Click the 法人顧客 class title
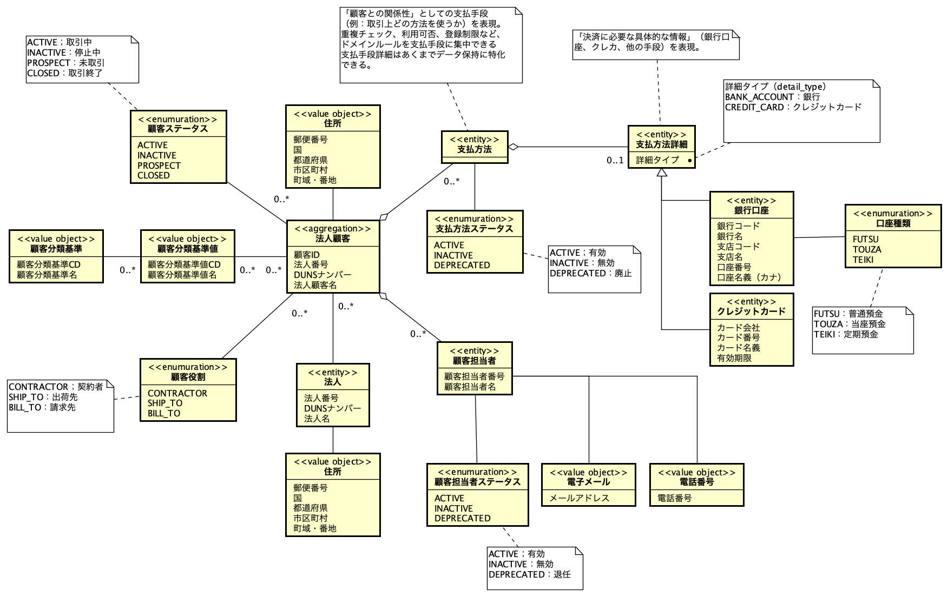point(332,239)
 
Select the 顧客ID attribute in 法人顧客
point(306,255)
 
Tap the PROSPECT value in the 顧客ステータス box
point(159,165)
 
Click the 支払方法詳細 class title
point(661,144)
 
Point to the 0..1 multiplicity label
point(615,160)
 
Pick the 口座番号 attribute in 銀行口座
point(734,267)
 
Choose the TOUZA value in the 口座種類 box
point(867,249)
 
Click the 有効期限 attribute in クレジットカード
point(734,358)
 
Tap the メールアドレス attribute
point(579,498)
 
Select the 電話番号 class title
point(696,482)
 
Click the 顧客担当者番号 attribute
point(474,376)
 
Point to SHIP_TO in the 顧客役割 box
point(165,403)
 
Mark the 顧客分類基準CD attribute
point(49,264)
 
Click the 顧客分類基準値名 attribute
point(182,275)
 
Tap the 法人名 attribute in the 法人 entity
point(317,419)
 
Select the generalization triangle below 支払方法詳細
point(661,173)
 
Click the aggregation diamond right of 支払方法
point(513,147)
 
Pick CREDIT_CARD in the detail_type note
point(754,107)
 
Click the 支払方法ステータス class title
point(474,229)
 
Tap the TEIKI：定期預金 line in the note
point(846,334)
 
